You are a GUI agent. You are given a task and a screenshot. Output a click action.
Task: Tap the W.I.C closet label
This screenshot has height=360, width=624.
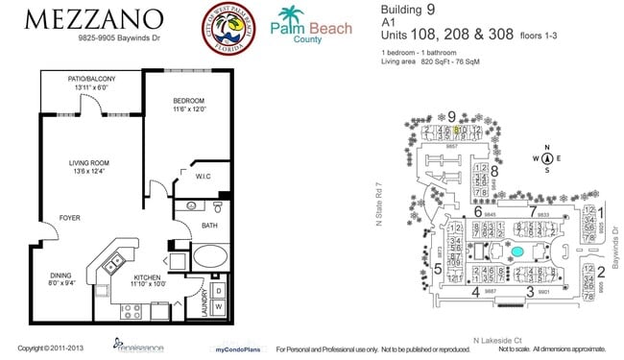pos(203,176)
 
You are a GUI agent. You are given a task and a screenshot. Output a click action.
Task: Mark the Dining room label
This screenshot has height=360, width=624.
pos(61,278)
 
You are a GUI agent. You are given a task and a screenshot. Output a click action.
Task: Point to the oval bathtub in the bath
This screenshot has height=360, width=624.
pos(209,259)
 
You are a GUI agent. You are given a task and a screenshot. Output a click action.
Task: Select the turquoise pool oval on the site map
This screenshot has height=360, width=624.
pos(517,252)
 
